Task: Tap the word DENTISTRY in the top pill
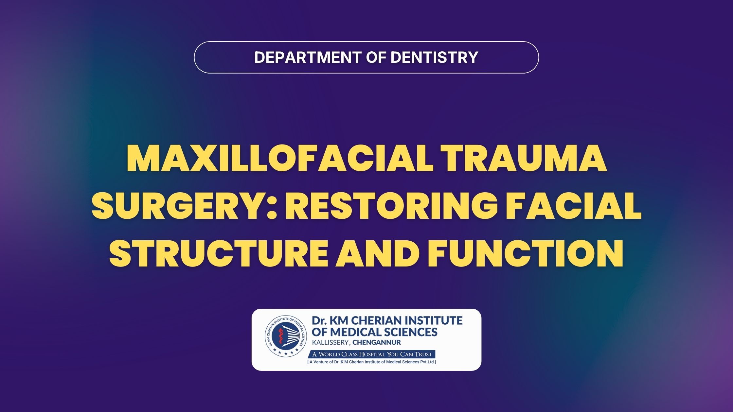[x=434, y=57]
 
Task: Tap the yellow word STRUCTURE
[x=218, y=253]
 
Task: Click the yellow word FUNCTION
[x=525, y=253]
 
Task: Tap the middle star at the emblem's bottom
[x=286, y=353]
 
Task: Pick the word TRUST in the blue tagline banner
[x=423, y=354]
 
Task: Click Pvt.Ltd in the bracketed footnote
[x=427, y=362]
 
